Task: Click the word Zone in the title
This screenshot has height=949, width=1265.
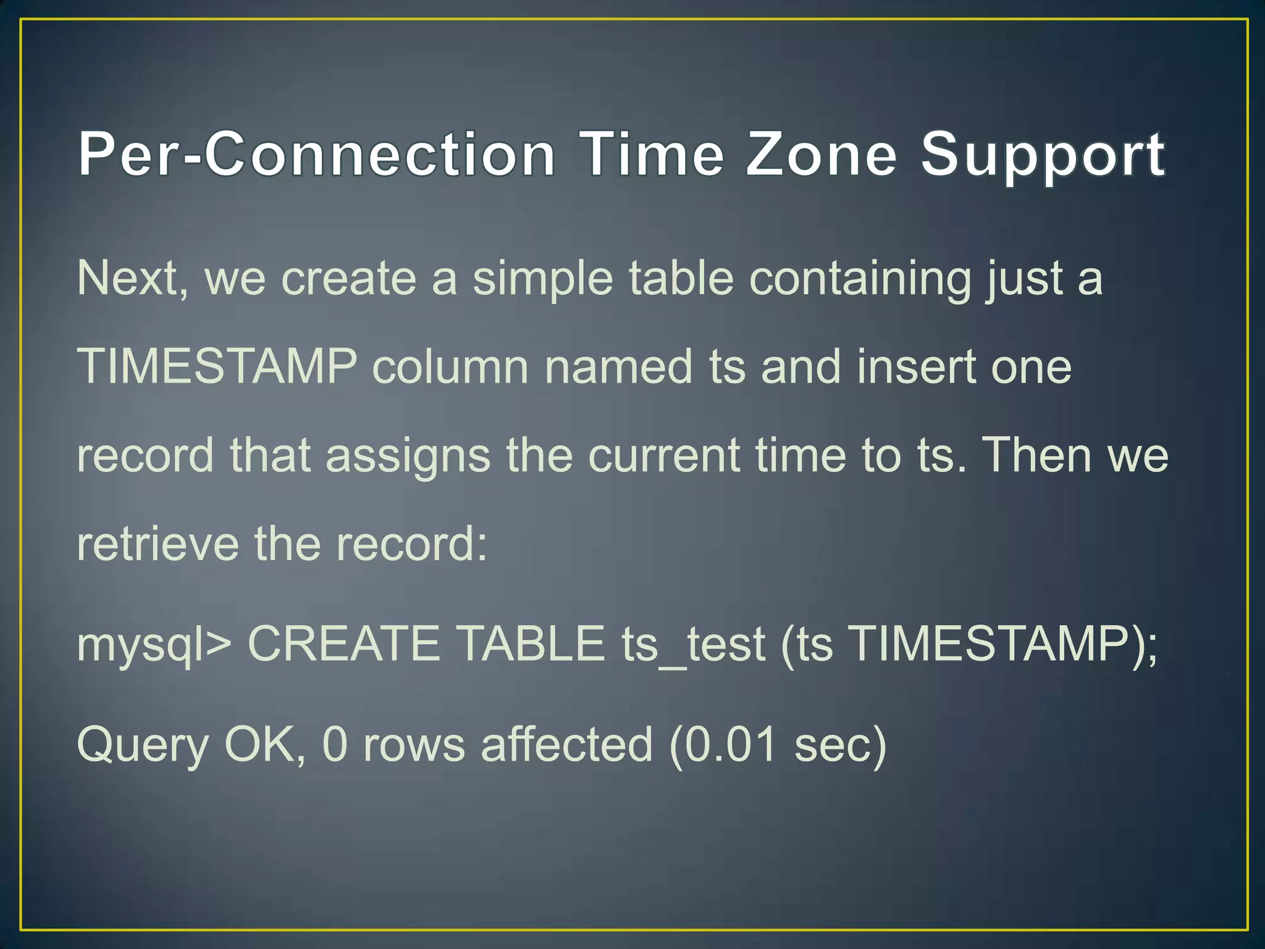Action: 821,154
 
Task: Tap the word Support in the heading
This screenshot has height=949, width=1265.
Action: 1043,156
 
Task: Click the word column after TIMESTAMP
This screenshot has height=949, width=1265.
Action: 450,366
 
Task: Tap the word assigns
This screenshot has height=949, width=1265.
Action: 408,456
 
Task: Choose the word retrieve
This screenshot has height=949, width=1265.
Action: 158,544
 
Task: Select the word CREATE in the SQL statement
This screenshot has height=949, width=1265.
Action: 343,644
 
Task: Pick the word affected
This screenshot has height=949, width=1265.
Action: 566,744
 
